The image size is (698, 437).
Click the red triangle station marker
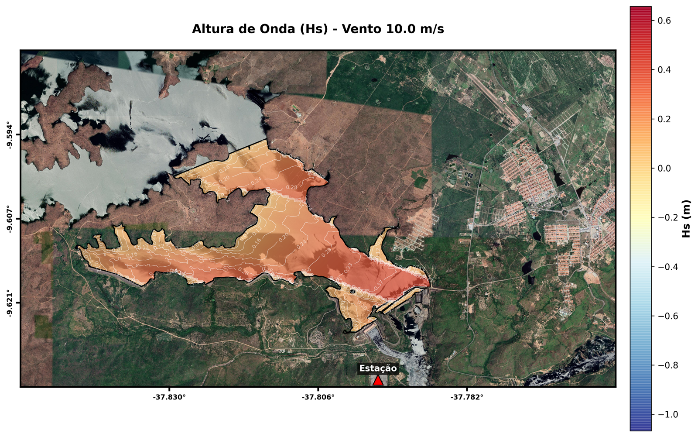[378, 381]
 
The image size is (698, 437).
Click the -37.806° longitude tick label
[318, 397]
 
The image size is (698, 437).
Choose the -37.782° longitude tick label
[467, 397]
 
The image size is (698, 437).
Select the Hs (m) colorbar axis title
[687, 219]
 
